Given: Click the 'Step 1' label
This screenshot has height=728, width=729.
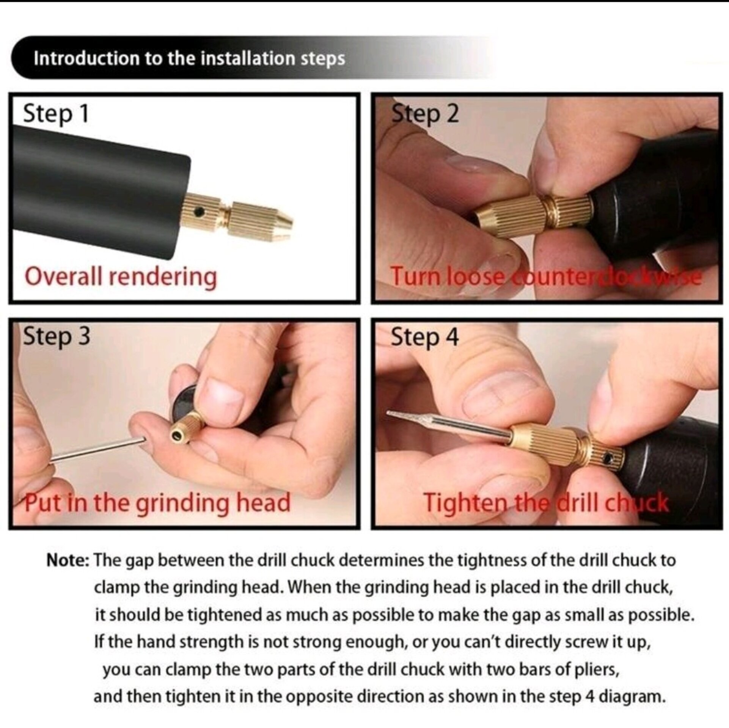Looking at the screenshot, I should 56,113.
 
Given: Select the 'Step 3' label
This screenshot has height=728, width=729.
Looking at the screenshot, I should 57,336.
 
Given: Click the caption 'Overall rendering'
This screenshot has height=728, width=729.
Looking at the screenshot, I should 121,276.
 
